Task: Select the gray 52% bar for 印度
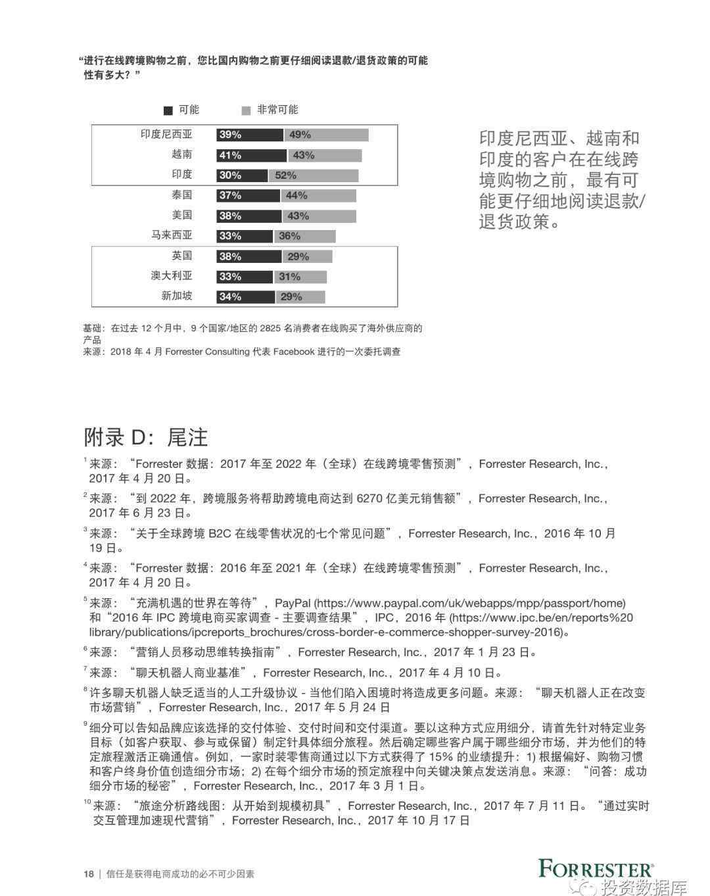click(313, 176)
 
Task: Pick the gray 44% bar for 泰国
click(318, 195)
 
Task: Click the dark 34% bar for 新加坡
click(245, 296)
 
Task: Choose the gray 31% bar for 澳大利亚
click(299, 277)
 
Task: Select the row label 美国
click(181, 215)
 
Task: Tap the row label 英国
click(181, 256)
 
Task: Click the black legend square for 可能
click(168, 110)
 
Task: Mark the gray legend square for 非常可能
click(246, 110)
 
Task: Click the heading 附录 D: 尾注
click(145, 437)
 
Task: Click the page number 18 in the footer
click(88, 874)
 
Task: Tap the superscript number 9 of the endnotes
click(85, 724)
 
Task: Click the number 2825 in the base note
click(271, 328)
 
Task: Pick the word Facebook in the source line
click(294, 352)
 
